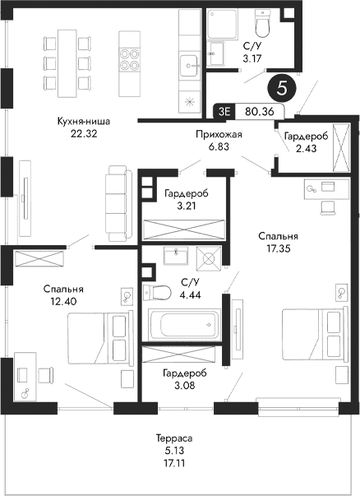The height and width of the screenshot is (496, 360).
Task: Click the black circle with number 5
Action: click(x=282, y=88)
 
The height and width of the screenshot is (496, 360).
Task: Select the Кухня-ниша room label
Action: click(x=84, y=121)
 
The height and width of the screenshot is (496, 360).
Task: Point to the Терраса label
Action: click(x=178, y=439)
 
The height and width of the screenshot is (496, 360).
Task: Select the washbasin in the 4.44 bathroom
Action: click(x=175, y=257)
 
